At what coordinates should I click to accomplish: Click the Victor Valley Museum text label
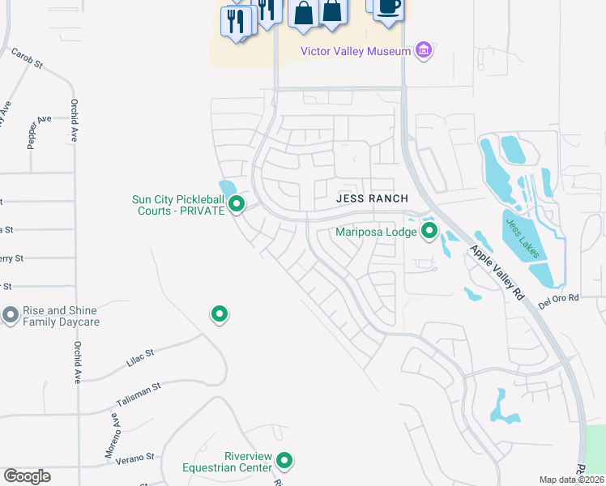point(356,51)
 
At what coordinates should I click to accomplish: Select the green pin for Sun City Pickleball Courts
point(237,203)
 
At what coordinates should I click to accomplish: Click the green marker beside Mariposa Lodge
point(429,232)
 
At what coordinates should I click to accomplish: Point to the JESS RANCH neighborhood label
point(373,198)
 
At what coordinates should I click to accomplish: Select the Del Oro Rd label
point(560,300)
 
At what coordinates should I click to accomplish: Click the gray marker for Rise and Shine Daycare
point(11,314)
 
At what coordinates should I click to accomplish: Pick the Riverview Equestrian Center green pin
point(284,461)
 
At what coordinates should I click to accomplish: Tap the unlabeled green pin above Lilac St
point(219,313)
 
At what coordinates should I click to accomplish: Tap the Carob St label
point(26,58)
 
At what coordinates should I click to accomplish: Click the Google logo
point(27,476)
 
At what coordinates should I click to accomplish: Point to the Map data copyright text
point(572,480)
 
